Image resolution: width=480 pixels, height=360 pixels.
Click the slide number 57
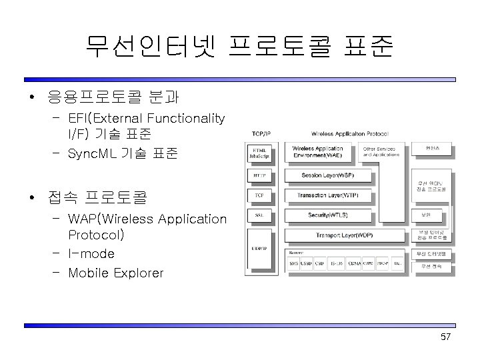[x=446, y=337]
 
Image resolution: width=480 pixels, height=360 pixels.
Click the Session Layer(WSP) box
[x=327, y=176]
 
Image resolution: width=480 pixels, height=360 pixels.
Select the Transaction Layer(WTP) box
[x=327, y=195]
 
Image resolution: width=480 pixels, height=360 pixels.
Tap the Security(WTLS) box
[x=327, y=215]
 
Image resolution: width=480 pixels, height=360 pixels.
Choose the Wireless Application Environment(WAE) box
[x=318, y=152]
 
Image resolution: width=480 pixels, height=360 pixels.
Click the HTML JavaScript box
[x=261, y=153]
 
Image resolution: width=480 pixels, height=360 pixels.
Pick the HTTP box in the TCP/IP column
[x=260, y=177]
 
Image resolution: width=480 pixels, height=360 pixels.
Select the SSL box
[x=260, y=215]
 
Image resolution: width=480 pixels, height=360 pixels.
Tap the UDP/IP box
[x=260, y=249]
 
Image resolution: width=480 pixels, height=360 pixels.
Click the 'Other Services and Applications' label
[x=380, y=151]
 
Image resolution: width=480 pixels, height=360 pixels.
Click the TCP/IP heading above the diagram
[x=261, y=133]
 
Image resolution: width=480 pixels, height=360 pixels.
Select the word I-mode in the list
[x=91, y=254]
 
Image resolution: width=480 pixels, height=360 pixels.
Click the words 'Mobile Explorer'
[x=115, y=273]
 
